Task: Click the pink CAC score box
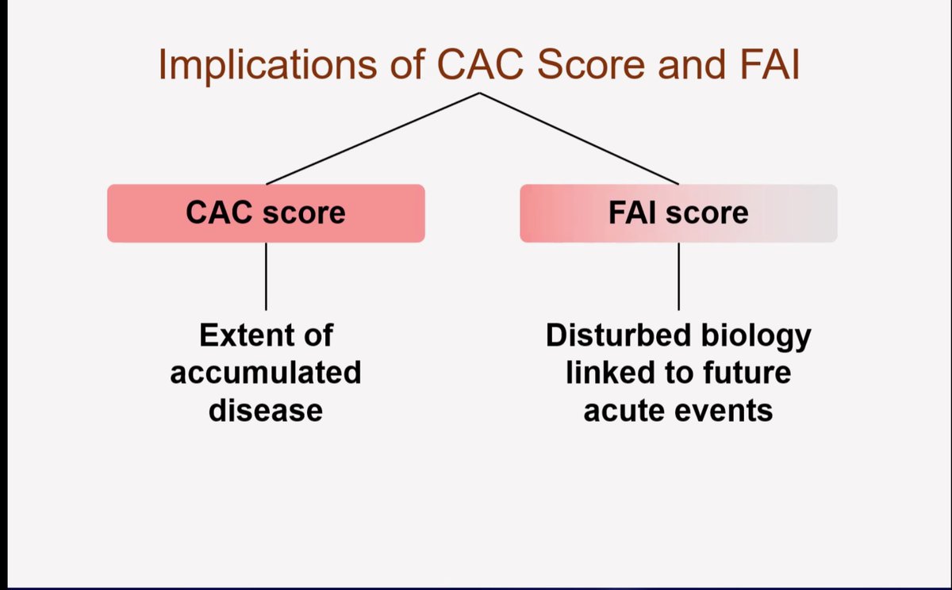(266, 213)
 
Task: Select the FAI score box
(678, 213)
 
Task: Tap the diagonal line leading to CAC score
(373, 139)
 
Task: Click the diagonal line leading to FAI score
(579, 139)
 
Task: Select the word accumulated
(266, 373)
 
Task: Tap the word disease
(266, 411)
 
